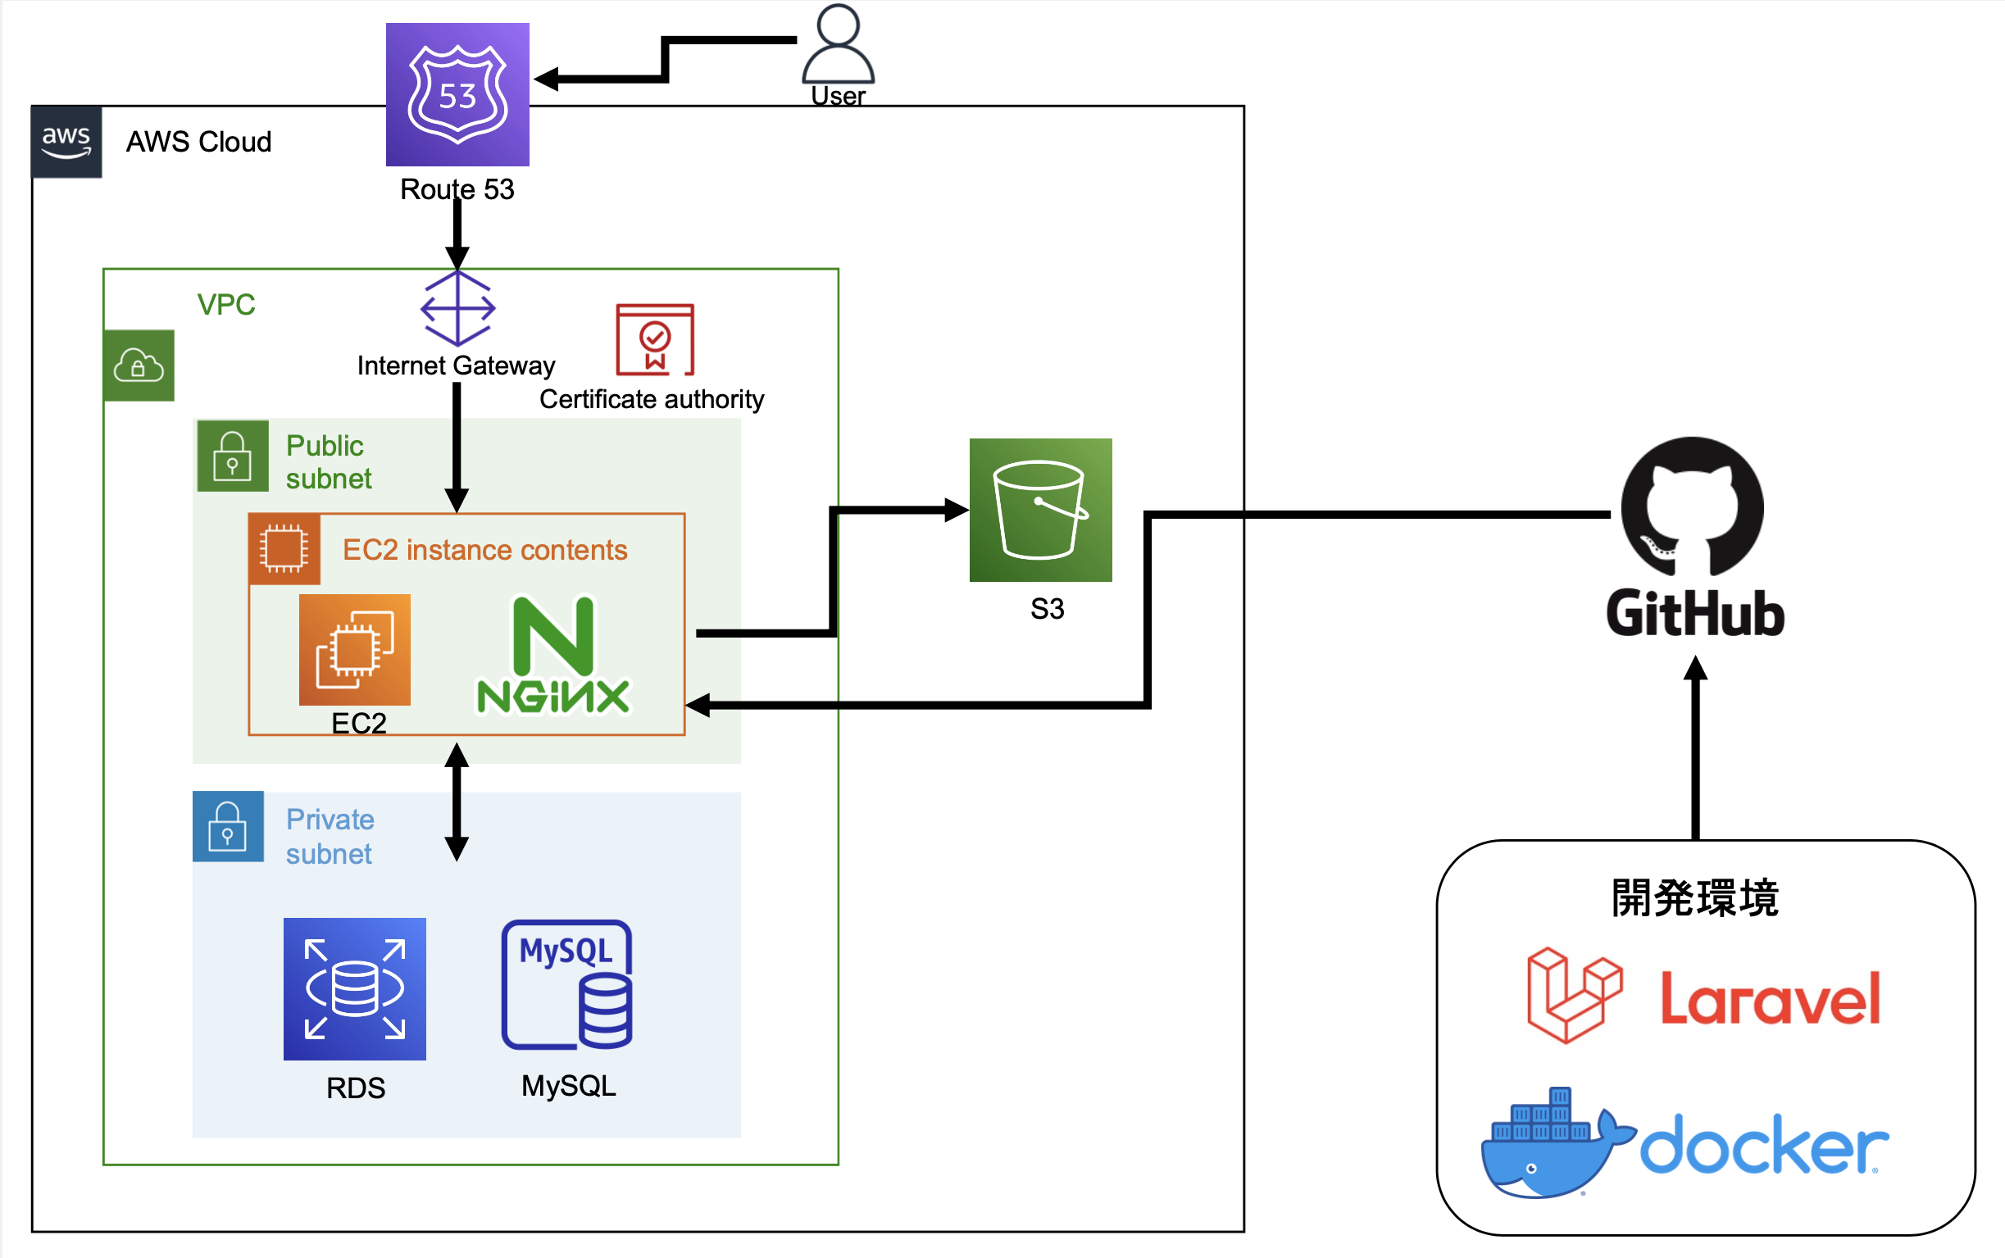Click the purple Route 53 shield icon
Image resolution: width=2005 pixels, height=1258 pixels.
[457, 94]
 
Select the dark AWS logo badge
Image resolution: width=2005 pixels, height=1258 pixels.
[66, 142]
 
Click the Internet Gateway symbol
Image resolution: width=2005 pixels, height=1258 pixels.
[457, 309]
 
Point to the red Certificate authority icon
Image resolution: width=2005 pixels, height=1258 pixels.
[655, 339]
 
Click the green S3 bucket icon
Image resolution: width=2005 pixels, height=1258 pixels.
[1040, 509]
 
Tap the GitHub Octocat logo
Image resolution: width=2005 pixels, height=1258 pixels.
[1692, 506]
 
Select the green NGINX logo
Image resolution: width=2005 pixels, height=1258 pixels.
[553, 656]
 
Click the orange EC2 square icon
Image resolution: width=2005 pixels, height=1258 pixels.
[354, 649]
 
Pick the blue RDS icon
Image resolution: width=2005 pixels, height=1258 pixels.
[354, 988]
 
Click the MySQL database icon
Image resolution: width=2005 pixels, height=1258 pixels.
[567, 985]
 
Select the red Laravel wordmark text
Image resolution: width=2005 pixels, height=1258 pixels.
[1770, 998]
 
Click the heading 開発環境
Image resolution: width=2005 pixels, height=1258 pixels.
[1694, 897]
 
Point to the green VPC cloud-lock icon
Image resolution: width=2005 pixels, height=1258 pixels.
[139, 366]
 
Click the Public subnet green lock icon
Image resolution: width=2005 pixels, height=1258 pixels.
[233, 456]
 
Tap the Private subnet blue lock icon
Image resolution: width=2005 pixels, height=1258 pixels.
[228, 826]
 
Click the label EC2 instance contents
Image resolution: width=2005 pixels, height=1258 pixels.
[484, 550]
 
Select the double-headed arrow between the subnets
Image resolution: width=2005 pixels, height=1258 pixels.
[457, 802]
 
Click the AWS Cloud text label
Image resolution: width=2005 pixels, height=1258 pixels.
[198, 143]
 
